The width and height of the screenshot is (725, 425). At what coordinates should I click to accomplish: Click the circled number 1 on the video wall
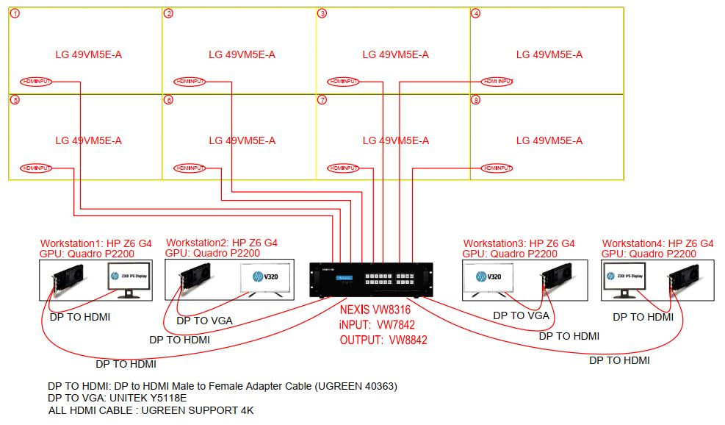pyautogui.click(x=15, y=14)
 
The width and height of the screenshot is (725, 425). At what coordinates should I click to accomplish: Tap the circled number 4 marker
pyautogui.click(x=476, y=14)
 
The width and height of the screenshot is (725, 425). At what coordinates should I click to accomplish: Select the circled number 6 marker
pyautogui.click(x=169, y=100)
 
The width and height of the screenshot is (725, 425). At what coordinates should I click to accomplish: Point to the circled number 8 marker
pyautogui.click(x=476, y=100)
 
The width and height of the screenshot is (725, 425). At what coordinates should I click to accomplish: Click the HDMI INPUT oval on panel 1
pyautogui.click(x=36, y=81)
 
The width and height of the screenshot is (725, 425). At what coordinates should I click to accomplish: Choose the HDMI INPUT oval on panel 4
pyautogui.click(x=497, y=81)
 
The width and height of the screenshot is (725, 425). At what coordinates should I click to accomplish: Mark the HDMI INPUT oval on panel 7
pyautogui.click(x=344, y=168)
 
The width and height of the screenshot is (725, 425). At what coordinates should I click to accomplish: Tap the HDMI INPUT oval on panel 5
pyautogui.click(x=36, y=168)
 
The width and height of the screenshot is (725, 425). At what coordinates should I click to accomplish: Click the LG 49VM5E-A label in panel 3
pyautogui.click(x=395, y=54)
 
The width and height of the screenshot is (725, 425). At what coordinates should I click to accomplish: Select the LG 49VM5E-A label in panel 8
pyautogui.click(x=549, y=140)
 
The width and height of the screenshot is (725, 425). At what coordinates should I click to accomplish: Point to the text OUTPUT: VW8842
pyautogui.click(x=383, y=340)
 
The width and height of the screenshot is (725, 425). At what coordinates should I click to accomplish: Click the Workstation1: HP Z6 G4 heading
pyautogui.click(x=96, y=243)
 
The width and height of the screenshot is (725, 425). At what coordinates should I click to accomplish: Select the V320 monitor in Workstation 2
pyautogui.click(x=263, y=279)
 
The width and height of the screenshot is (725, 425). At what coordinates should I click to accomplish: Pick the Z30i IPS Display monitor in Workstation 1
pyautogui.click(x=125, y=279)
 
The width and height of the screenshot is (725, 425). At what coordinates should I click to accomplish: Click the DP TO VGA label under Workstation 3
pyautogui.click(x=521, y=315)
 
